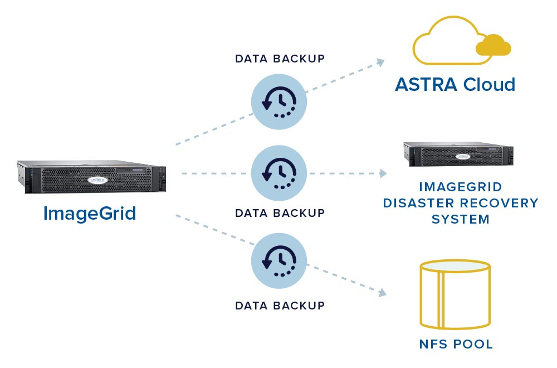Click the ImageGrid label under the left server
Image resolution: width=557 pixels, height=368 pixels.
tap(90, 214)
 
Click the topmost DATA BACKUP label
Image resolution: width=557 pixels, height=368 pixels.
tap(280, 59)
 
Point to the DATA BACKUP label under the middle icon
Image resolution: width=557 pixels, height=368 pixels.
tap(280, 213)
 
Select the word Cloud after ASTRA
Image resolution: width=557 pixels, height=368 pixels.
tap(488, 85)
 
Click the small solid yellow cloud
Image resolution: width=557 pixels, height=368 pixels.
tap(493, 46)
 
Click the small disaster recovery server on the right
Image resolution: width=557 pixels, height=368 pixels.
tap(458, 154)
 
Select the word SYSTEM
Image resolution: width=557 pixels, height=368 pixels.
tap(461, 219)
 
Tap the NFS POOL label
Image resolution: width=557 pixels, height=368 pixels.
tap(456, 344)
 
